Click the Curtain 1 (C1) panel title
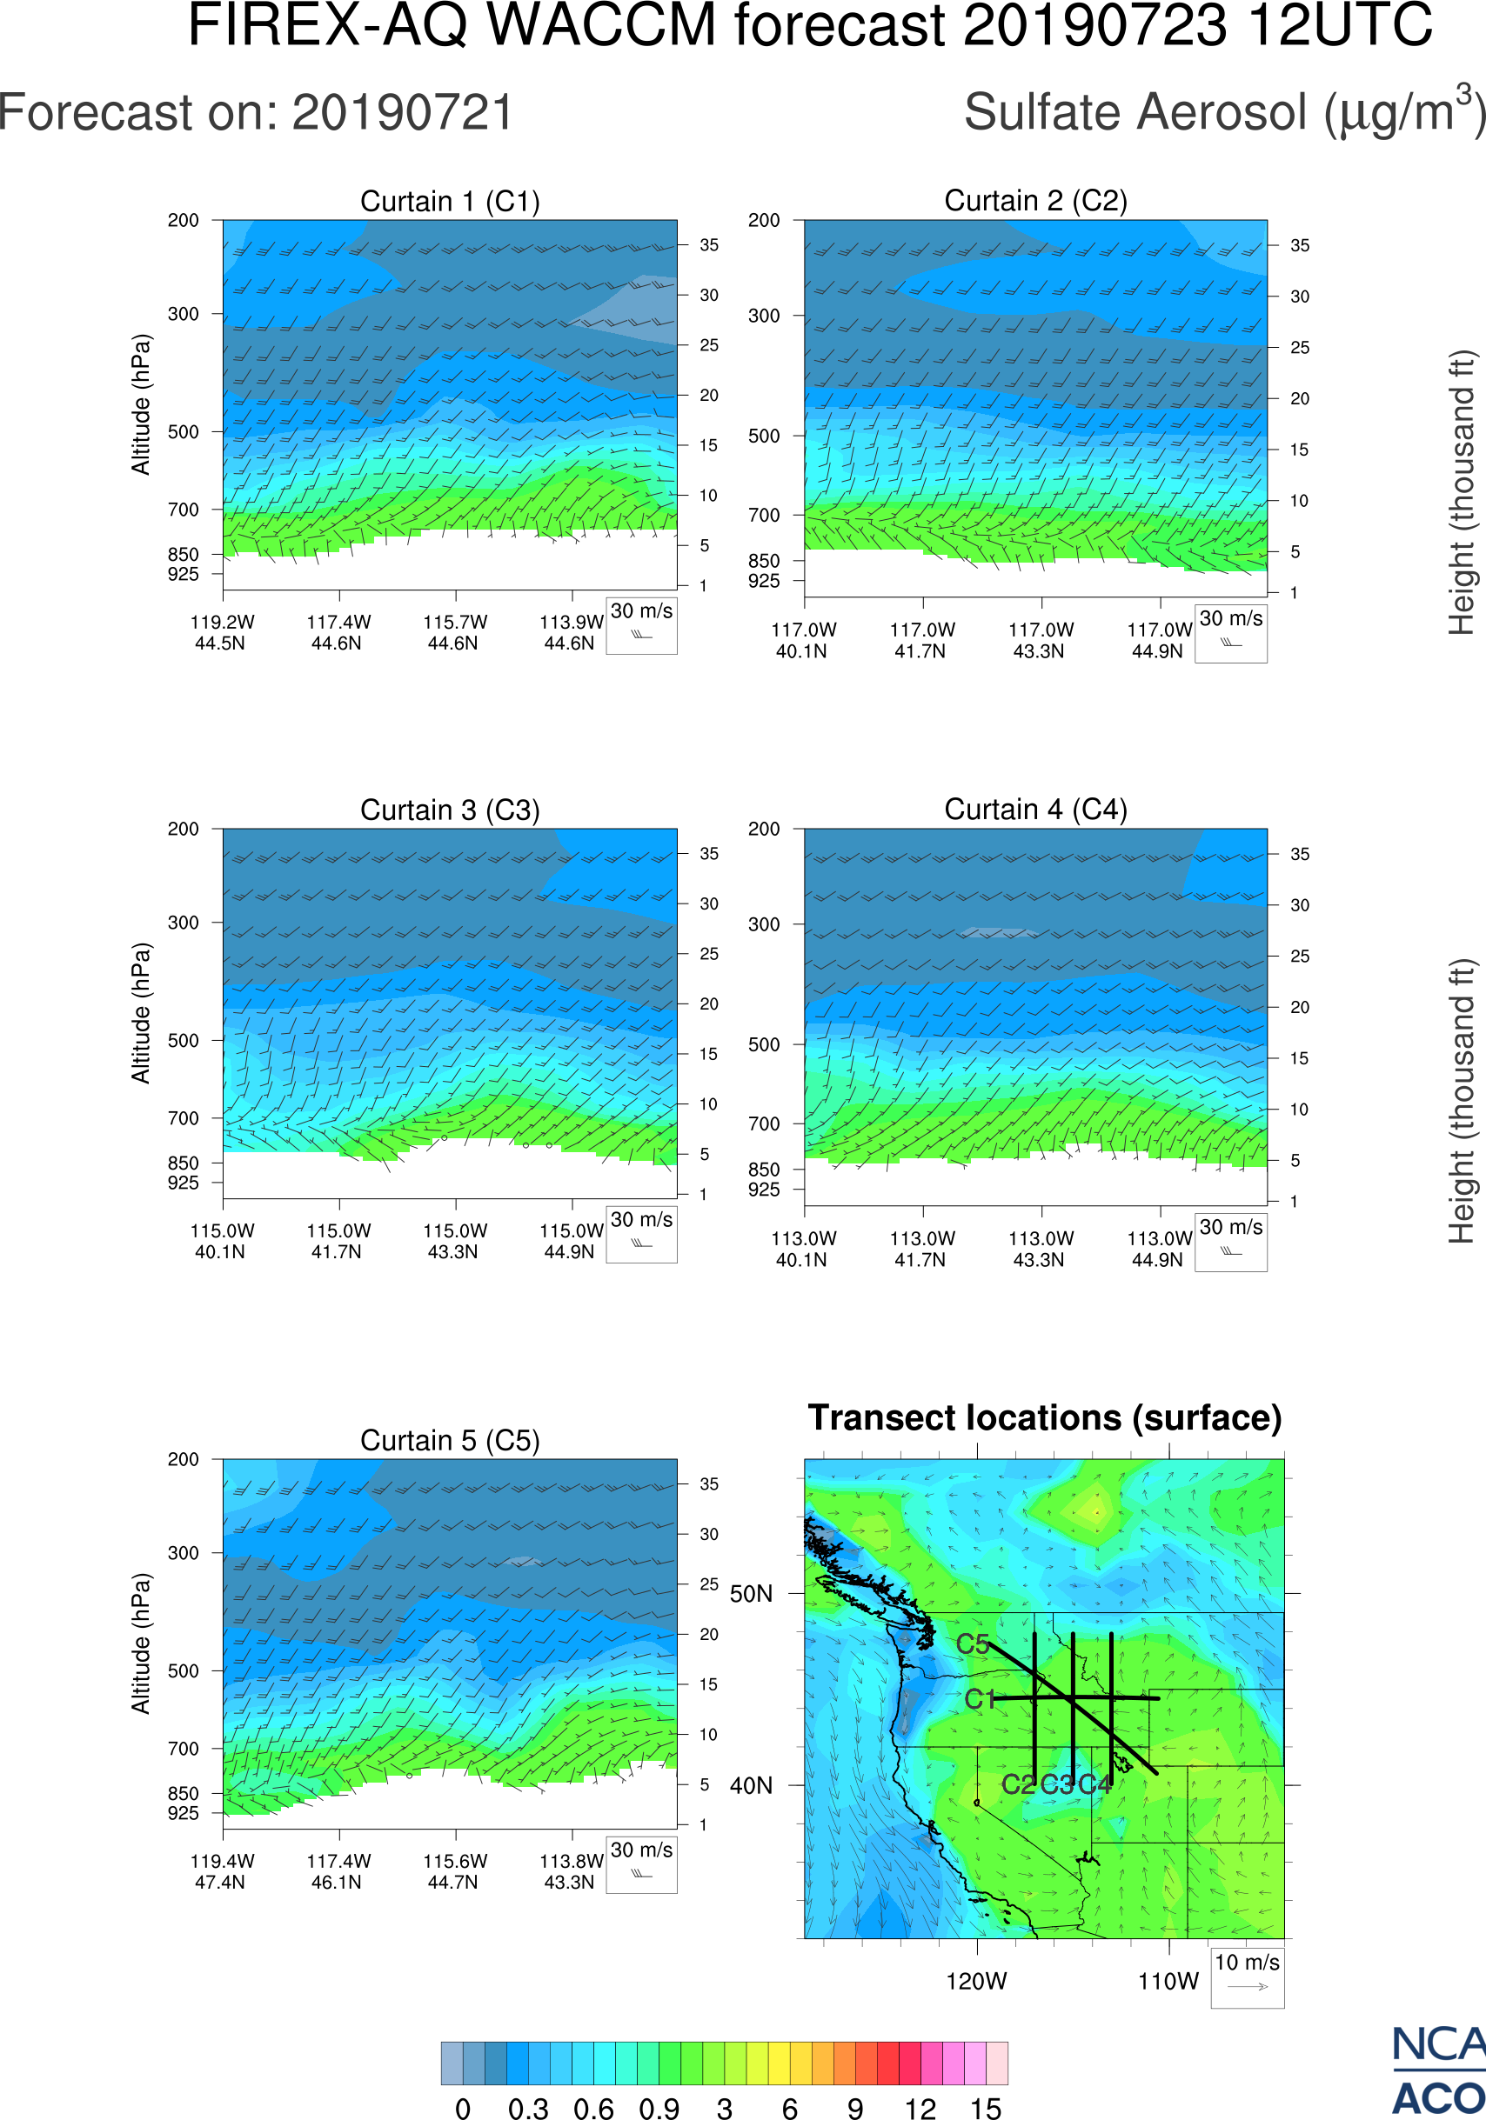[450, 201]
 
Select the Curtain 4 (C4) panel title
[1035, 810]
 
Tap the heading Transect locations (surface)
[1045, 1417]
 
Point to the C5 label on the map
[973, 1643]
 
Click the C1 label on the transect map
[979, 1699]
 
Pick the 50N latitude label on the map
[751, 1595]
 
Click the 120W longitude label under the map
[976, 1982]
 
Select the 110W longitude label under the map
[1168, 1982]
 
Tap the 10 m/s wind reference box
[1247, 1976]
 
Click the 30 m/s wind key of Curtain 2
[1230, 632]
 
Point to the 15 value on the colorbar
[986, 2107]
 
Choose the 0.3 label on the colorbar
[528, 2107]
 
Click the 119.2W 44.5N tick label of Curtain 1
[222, 632]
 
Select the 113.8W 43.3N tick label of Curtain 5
[571, 1871]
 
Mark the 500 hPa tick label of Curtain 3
[183, 1041]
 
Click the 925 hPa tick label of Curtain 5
[183, 1813]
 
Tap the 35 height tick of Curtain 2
[1300, 245]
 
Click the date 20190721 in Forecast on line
[403, 114]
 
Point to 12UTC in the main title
[1340, 26]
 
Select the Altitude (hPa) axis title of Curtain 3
[140, 1013]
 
